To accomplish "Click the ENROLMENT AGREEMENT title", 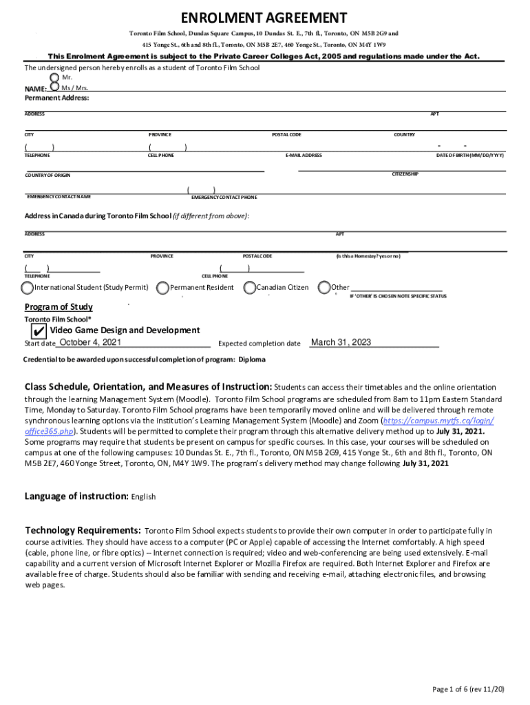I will [x=264, y=18].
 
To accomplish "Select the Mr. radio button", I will [x=55, y=77].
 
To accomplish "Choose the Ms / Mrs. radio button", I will [x=55, y=87].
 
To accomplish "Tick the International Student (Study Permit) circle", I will [x=27, y=287].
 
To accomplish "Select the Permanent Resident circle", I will [x=162, y=287].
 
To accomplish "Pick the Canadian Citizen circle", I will [x=249, y=287].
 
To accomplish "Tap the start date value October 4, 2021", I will [x=91, y=343].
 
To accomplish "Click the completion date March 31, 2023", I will [x=341, y=343].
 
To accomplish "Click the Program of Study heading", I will [x=59, y=307].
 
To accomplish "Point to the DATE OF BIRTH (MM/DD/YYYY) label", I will [x=470, y=156].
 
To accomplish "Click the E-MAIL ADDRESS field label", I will [x=304, y=156].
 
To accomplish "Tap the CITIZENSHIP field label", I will [x=405, y=174].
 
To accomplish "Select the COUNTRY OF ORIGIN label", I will [x=47, y=176].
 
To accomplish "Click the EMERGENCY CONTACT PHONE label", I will [x=224, y=198].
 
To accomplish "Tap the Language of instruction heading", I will [x=76, y=496].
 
